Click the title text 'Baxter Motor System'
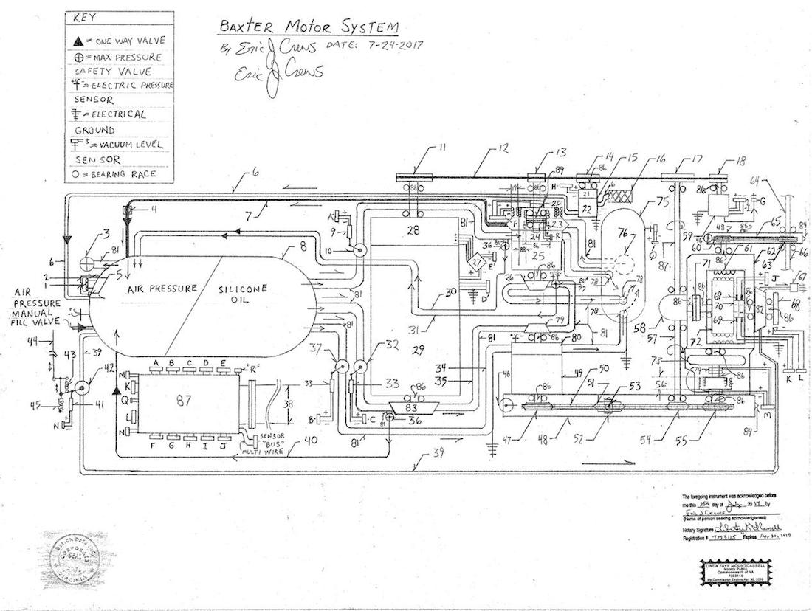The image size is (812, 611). tap(308, 27)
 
